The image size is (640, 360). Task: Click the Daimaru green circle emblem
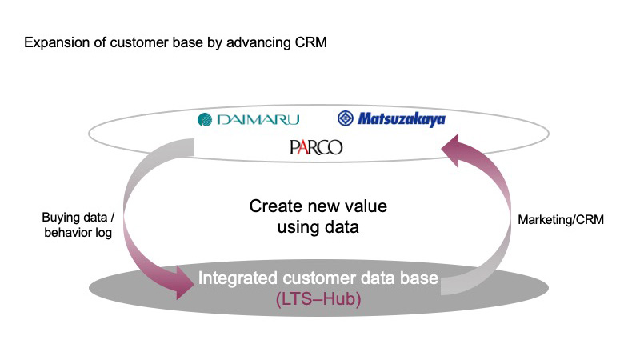[x=205, y=119]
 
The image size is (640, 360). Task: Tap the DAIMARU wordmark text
[x=258, y=119]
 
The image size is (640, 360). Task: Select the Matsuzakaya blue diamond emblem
[x=346, y=118]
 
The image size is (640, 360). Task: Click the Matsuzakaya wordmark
[x=402, y=119]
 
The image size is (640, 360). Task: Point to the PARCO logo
[x=316, y=147]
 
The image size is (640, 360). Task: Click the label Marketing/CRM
[x=561, y=219]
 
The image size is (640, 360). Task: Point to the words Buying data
[x=74, y=217]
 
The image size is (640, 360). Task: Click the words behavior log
[x=78, y=233]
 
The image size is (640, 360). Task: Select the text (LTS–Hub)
[x=318, y=298]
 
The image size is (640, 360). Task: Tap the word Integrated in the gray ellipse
[x=238, y=278]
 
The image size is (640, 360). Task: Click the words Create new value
[x=318, y=206]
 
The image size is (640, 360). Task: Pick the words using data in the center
[x=318, y=227]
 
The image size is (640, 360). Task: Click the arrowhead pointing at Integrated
[x=184, y=282]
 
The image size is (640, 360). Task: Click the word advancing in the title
[x=258, y=43]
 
